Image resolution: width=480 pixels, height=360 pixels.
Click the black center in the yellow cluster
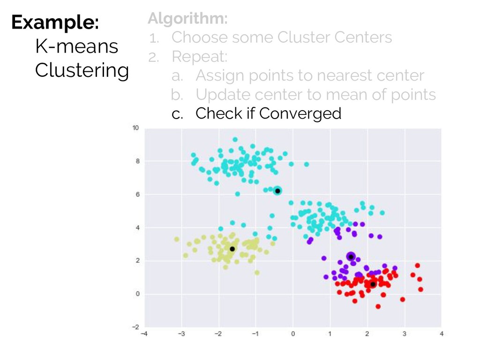pyautogui.click(x=232, y=249)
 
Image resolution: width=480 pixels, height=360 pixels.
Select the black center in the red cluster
pyautogui.click(x=373, y=285)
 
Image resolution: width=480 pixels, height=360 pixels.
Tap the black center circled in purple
pyautogui.click(x=351, y=257)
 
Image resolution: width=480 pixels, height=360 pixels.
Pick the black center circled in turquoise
pyautogui.click(x=277, y=191)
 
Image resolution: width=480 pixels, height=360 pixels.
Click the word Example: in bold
pyautogui.click(x=55, y=22)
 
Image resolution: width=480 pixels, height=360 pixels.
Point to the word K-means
pyautogui.click(x=77, y=46)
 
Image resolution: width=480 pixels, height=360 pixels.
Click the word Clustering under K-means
pyautogui.click(x=82, y=71)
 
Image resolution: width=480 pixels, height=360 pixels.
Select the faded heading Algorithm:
pyautogui.click(x=187, y=18)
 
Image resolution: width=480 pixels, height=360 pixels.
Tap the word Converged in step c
pyautogui.click(x=300, y=113)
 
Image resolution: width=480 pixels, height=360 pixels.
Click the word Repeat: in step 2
pyautogui.click(x=200, y=57)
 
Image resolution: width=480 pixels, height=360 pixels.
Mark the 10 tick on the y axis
pyautogui.click(x=135, y=127)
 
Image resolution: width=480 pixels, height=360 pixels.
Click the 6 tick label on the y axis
pyautogui.click(x=137, y=195)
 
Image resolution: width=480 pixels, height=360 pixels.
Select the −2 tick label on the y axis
pyautogui.click(x=135, y=327)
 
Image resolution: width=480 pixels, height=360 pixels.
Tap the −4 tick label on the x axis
pyautogui.click(x=144, y=334)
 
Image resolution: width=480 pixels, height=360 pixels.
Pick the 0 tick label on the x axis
pyautogui.click(x=293, y=334)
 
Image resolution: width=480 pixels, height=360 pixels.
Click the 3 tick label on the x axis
pyautogui.click(x=405, y=334)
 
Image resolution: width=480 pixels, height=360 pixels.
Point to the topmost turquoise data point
pyautogui.click(x=235, y=140)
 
